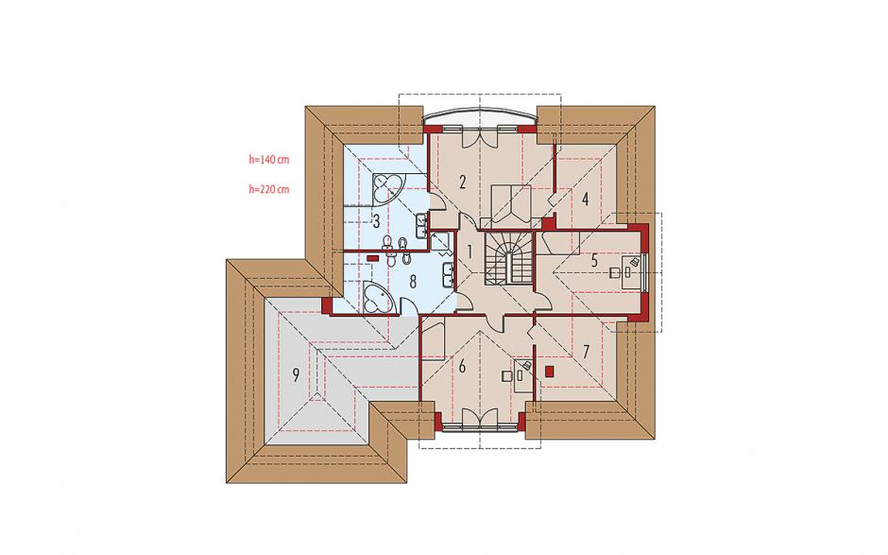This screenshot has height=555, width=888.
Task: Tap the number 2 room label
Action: pos(463,182)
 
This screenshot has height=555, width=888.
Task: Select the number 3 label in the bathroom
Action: pos(376,221)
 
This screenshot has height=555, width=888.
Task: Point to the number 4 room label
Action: pos(585,199)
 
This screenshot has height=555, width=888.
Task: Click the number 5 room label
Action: pos(594,261)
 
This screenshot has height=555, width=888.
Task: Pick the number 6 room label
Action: pos(462,367)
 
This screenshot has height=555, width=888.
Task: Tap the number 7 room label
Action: pos(586,352)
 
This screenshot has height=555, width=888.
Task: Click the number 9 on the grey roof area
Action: pos(295,374)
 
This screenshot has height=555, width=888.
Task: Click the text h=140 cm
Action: pos(269,160)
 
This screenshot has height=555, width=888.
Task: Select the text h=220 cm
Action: pos(269,189)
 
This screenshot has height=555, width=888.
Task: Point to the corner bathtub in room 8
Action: pos(378,297)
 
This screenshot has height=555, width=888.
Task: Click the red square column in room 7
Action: pos(548,372)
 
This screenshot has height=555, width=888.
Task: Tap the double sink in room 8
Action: pos(449,274)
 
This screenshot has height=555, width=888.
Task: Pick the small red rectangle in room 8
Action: pos(372,258)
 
